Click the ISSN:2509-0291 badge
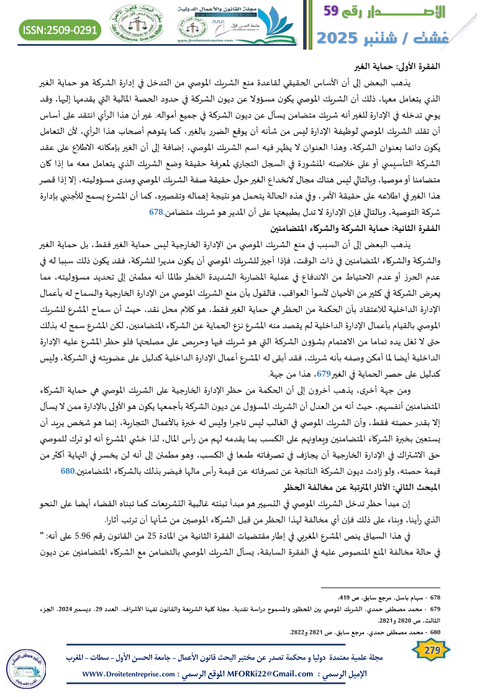click(60, 29)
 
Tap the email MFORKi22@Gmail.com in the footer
click(268, 673)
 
